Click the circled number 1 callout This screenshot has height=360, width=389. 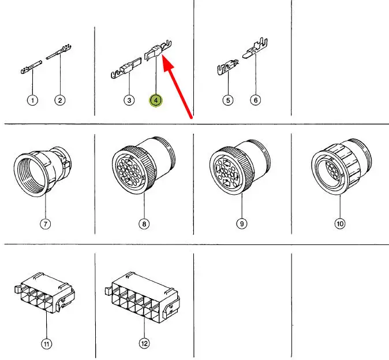32,101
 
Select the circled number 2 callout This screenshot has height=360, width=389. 60,101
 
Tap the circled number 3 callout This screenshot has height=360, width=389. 129,101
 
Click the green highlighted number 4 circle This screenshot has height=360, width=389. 156,101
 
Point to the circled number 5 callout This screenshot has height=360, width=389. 228,101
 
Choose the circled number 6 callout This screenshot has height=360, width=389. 256,100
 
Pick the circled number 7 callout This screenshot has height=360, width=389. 46,224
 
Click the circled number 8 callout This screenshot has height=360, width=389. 144,224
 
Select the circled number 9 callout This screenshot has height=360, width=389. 242,224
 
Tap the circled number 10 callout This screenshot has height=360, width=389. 340,224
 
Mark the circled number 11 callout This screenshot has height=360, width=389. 46,344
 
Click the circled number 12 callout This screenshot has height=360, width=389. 144,344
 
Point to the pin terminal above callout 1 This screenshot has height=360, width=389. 31,67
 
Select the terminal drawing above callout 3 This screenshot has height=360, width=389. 126,68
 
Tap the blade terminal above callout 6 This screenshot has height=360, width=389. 255,49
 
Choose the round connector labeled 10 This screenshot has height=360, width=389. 342,166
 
